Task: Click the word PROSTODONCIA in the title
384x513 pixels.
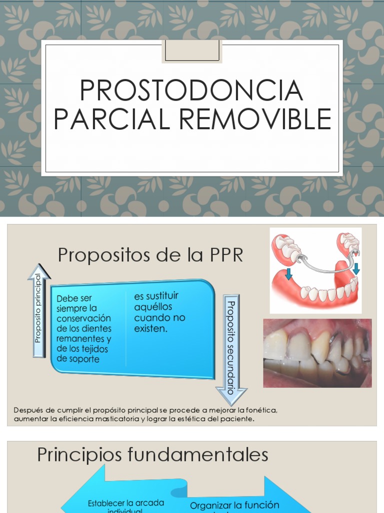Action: coord(191,90)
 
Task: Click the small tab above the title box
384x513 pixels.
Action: coord(191,52)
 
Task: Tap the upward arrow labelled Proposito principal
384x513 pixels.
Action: coord(39,311)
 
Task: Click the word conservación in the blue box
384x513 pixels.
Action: coord(83,319)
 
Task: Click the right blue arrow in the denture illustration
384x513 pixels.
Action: coord(355,269)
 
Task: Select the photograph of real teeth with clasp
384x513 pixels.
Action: coord(317,353)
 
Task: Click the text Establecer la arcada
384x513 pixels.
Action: coord(125,502)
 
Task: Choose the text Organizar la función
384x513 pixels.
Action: coord(234,505)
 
